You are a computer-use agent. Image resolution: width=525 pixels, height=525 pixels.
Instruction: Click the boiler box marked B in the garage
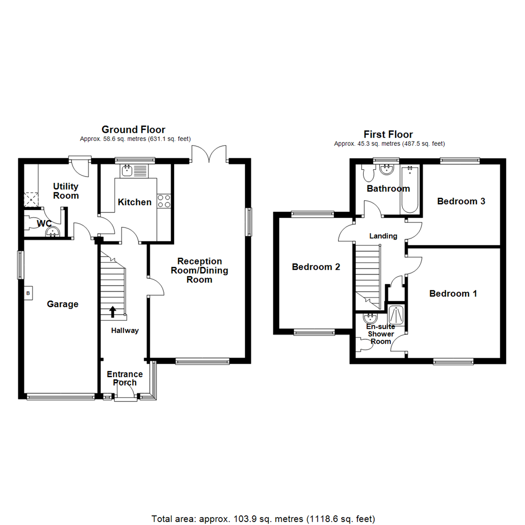pos(28,293)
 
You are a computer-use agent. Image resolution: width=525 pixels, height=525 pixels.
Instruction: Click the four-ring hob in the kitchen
pos(164,201)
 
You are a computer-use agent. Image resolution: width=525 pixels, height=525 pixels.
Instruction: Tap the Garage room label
pos(63,304)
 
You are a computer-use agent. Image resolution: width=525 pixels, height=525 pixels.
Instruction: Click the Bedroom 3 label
pos(461,201)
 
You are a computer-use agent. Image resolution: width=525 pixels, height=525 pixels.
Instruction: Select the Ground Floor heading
pos(133,129)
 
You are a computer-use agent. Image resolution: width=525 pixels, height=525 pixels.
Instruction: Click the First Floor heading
pos(388,134)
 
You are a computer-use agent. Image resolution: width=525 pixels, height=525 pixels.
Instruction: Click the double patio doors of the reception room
pos(210,153)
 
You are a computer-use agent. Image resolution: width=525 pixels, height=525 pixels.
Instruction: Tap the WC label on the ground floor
pos(44,224)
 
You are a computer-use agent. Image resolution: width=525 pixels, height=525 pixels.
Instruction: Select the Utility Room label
pos(66,191)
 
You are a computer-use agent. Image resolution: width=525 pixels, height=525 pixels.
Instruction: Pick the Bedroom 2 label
pos(315,267)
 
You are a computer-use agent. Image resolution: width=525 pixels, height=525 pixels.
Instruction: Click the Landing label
pos(383,236)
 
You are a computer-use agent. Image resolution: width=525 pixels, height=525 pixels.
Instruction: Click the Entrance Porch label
pos(125,378)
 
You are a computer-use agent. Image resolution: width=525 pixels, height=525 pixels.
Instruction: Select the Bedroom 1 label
pos(453,294)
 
